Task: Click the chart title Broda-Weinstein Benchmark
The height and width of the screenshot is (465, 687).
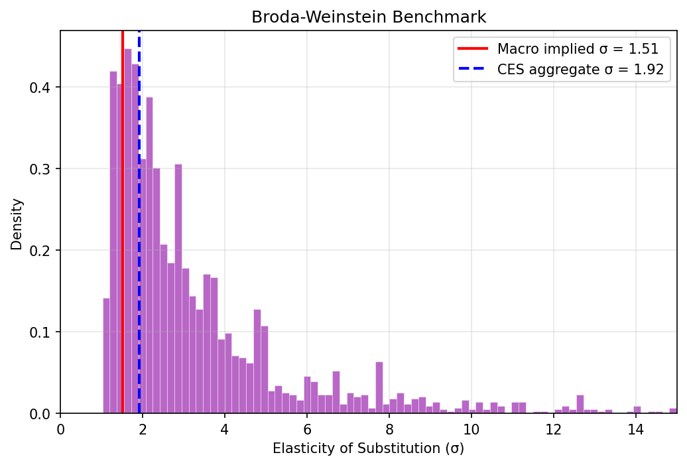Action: [x=369, y=17]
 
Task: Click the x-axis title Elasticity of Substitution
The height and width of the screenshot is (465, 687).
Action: [x=369, y=448]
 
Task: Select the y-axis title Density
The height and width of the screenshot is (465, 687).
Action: [x=17, y=224]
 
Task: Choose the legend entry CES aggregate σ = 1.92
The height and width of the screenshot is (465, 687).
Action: [x=580, y=69]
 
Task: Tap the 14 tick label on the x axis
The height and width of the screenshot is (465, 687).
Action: [x=635, y=428]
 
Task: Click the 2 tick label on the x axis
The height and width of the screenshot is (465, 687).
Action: [x=143, y=428]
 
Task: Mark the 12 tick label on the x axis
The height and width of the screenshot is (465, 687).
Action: [x=553, y=428]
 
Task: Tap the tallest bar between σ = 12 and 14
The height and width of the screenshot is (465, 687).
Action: [x=580, y=405]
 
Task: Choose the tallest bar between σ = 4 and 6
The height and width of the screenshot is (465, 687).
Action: [x=257, y=362]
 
